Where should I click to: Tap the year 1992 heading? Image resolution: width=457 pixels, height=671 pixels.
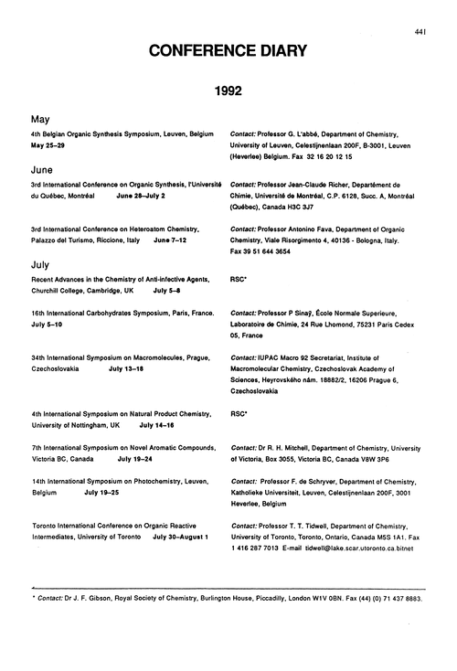[228, 93]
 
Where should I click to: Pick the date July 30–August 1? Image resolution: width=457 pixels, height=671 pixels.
[181, 537]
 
